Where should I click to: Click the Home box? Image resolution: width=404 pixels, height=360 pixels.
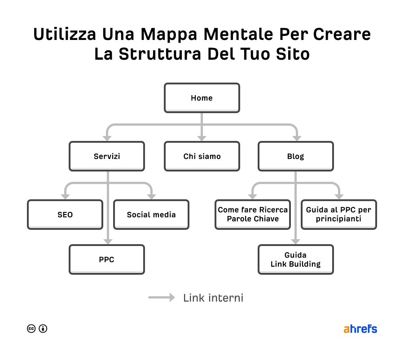tap(202, 98)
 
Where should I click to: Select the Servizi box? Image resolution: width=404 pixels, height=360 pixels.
tap(107, 156)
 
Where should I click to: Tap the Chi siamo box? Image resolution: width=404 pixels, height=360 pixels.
tap(202, 156)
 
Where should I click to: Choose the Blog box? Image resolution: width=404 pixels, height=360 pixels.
tap(295, 156)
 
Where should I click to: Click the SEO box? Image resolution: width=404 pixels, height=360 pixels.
tap(65, 215)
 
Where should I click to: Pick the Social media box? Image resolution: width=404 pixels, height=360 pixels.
tap(151, 215)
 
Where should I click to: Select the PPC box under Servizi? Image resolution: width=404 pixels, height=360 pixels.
tap(107, 259)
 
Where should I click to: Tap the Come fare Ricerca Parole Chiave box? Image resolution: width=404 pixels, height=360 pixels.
tap(253, 215)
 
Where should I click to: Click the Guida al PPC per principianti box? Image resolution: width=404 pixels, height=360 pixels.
tap(338, 215)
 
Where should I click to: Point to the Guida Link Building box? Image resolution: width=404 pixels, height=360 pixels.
tap(295, 259)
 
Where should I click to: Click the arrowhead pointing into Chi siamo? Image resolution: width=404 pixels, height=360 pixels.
tap(202, 138)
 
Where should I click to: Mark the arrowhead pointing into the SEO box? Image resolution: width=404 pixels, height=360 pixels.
tap(65, 196)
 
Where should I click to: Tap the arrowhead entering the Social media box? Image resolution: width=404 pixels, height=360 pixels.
tap(151, 196)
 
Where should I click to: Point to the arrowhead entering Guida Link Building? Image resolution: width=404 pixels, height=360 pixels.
tap(295, 241)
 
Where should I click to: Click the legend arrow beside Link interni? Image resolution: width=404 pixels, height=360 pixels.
tap(162, 297)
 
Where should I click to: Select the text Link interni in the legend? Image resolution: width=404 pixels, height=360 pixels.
tap(213, 298)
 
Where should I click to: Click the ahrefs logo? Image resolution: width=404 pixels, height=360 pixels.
tap(360, 329)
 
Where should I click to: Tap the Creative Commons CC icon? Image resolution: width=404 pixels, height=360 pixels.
tap(31, 329)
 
